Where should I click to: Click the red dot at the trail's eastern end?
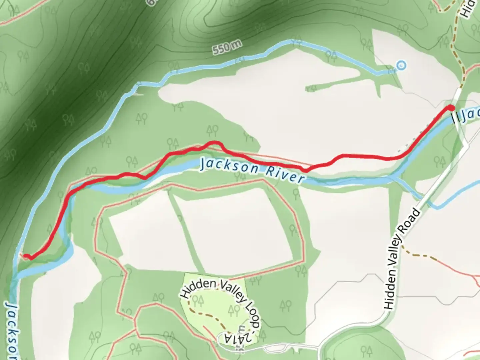coord(451,108)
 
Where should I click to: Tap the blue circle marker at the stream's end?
coord(402,65)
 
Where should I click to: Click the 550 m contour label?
coord(226,47)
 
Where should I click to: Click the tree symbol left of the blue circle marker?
coord(392,70)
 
